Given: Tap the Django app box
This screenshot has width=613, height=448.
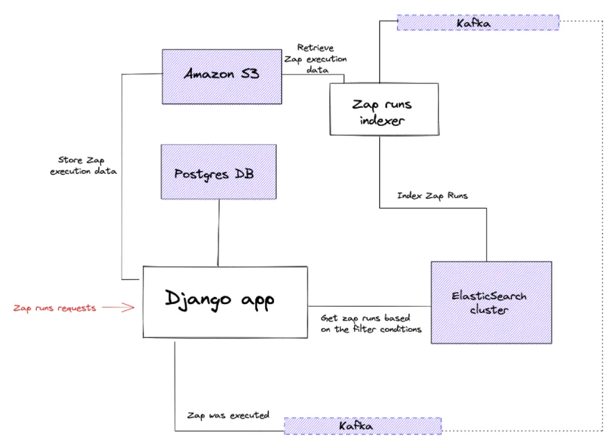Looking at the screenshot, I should pyautogui.click(x=225, y=302).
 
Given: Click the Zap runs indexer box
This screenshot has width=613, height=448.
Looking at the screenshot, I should pyautogui.click(x=384, y=109).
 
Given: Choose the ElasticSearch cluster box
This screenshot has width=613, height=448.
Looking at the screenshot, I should pyautogui.click(x=491, y=302).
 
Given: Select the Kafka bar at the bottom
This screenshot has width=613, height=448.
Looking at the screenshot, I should pyautogui.click(x=363, y=425).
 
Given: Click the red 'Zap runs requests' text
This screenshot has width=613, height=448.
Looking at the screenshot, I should pyautogui.click(x=55, y=307).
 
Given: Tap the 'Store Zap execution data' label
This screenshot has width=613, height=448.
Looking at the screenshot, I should pyautogui.click(x=83, y=166).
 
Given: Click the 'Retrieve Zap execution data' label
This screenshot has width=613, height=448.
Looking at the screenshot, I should pyautogui.click(x=315, y=58).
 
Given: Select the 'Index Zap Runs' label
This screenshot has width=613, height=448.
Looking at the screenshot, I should pyautogui.click(x=432, y=195).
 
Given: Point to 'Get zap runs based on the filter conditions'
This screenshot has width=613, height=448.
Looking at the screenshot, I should pyautogui.click(x=370, y=323).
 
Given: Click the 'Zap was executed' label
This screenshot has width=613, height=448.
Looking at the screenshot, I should pyautogui.click(x=228, y=415).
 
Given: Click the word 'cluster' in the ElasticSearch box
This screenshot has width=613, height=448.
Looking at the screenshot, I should pyautogui.click(x=489, y=310).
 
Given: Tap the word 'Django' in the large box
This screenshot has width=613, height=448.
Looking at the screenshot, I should pyautogui.click(x=196, y=299).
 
